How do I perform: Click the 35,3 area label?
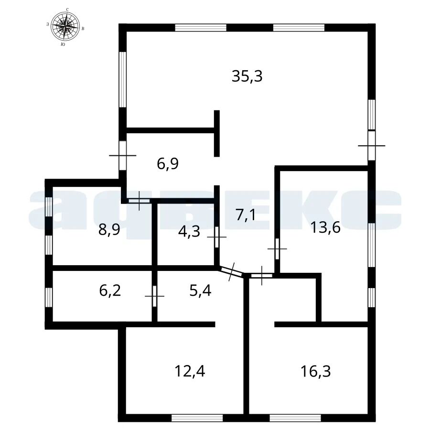click(x=247, y=76)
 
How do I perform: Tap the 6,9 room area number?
click(x=168, y=164)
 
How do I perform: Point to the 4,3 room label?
click(x=189, y=232)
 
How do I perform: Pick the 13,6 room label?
click(x=325, y=227)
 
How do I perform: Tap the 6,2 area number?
click(x=110, y=290)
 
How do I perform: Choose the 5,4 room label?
click(x=201, y=290)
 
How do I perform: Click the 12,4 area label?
click(x=190, y=371)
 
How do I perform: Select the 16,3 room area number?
click(x=316, y=371)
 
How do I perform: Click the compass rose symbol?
click(x=65, y=26)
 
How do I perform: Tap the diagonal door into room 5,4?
click(x=232, y=271)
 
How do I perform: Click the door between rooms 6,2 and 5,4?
click(x=155, y=296)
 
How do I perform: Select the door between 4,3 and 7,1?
click(x=217, y=236)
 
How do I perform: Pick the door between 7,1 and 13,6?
click(x=277, y=249)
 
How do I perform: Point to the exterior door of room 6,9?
click(x=123, y=155)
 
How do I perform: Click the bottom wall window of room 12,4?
click(x=197, y=418)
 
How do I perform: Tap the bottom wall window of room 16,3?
click(x=295, y=418)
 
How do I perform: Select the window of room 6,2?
click(x=49, y=297)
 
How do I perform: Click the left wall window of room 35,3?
click(x=123, y=79)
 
